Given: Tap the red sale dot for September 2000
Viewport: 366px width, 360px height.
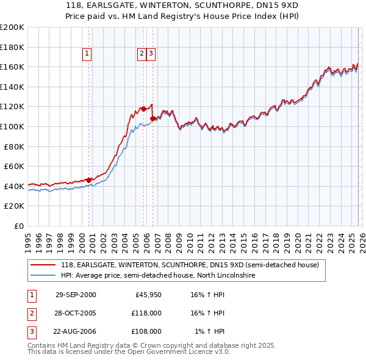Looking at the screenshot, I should [89, 180].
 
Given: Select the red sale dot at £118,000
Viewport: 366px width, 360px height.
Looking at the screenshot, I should [143, 109].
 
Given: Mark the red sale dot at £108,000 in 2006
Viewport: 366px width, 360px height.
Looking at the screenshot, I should [152, 118].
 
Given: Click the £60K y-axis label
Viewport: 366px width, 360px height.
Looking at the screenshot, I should [15, 166].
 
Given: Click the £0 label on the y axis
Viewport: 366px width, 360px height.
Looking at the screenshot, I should [19, 226].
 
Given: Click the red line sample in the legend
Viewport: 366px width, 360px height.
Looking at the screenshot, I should [43, 265].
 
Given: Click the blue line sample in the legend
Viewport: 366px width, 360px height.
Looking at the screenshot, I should [43, 276].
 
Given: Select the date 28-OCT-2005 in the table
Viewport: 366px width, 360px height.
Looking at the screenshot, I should [76, 313].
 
